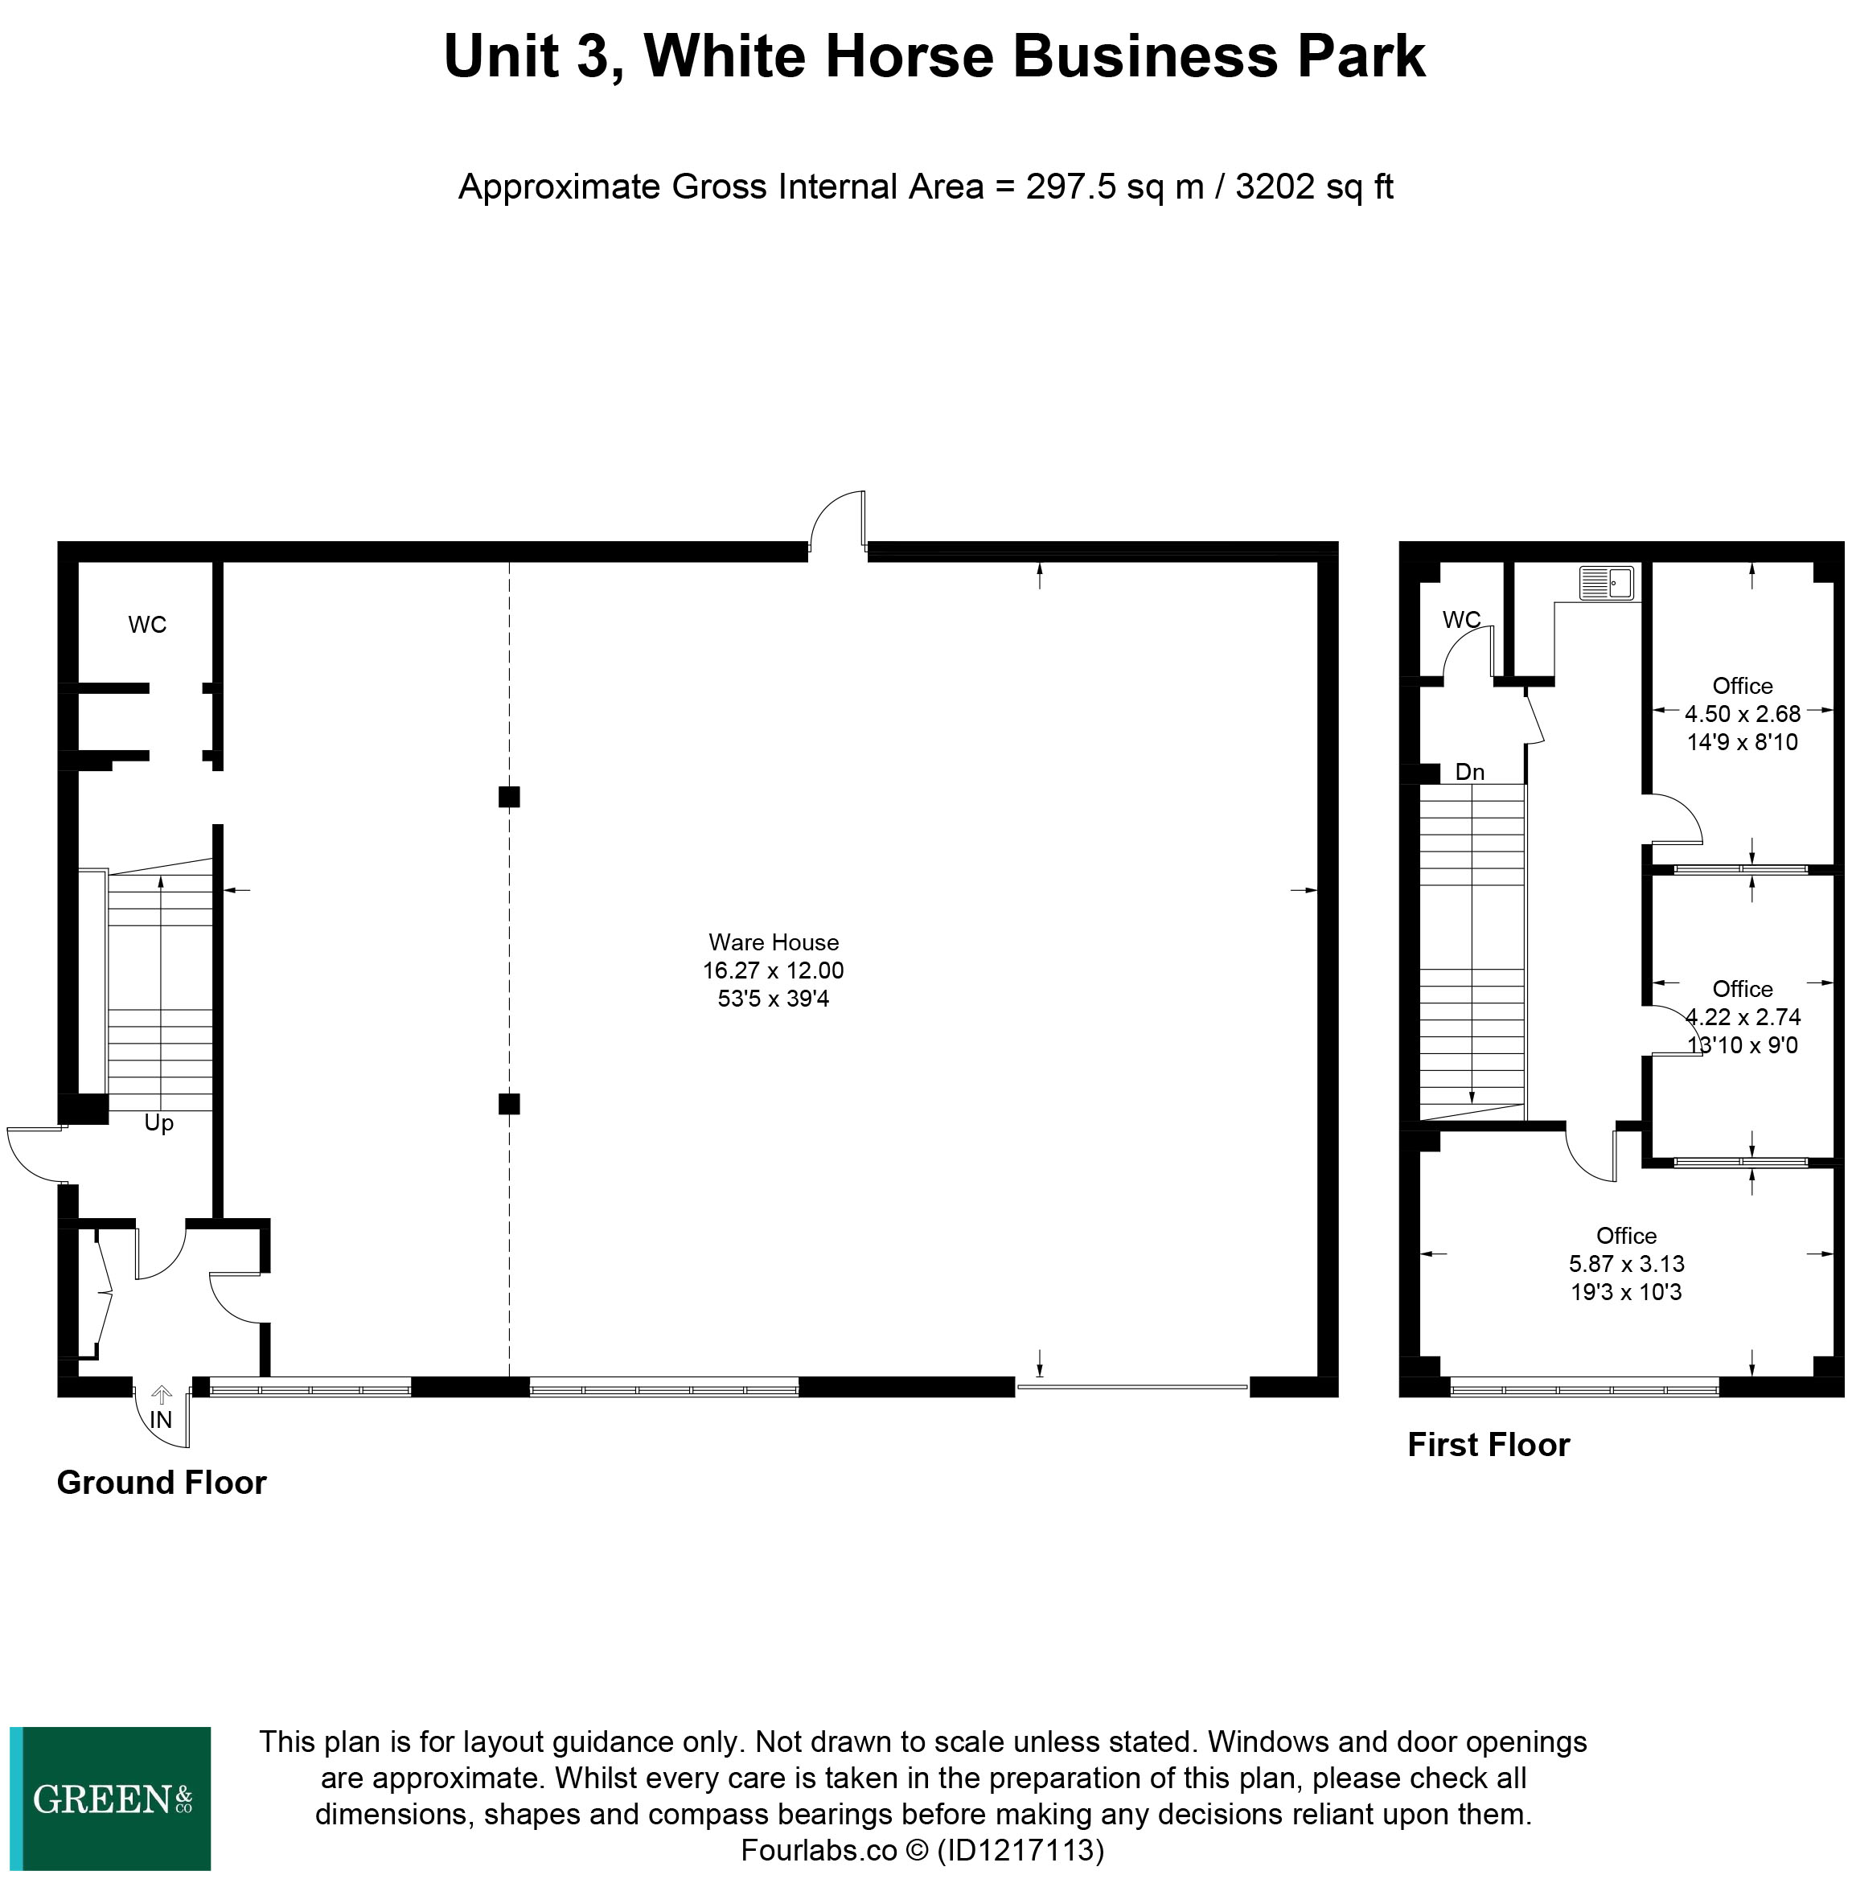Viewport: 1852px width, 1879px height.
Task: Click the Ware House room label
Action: coord(774,942)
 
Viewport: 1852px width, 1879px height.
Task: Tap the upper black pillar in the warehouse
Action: coord(509,797)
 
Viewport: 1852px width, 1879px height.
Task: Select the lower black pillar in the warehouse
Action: coord(509,1103)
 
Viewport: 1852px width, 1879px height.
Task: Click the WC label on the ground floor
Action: coord(148,625)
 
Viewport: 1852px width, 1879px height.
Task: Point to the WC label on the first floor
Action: coord(1461,620)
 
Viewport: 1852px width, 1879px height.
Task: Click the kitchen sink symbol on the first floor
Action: coord(1607,583)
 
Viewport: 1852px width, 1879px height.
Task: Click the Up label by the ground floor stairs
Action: coord(158,1123)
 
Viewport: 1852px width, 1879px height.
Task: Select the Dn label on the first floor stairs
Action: coord(1470,771)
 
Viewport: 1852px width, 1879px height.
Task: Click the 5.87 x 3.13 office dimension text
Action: coord(1626,1263)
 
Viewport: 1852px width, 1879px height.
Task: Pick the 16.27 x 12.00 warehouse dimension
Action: coord(774,970)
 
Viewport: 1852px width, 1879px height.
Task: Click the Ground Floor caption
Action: coord(162,1481)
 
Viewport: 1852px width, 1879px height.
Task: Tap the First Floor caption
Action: coord(1489,1444)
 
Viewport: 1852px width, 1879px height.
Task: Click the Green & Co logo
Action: coord(110,1799)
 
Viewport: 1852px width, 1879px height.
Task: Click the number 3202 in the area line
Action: coord(1275,186)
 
